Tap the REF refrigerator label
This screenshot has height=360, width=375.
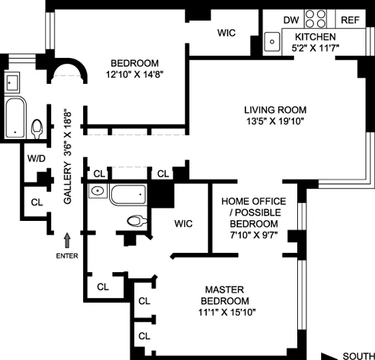350,20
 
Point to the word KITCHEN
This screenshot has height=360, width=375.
315,37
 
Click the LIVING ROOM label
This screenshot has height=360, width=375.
275,110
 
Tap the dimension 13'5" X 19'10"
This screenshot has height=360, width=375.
275,121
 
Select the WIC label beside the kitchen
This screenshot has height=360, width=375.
227,32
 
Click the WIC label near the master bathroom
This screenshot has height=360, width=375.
183,223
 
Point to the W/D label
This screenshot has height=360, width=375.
35,158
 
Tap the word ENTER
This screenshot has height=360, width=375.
67,256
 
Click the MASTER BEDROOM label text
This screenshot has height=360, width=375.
224,295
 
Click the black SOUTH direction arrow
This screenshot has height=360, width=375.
333,355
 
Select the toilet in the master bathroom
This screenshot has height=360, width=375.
137,220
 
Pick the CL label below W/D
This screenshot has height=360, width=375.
37,202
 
